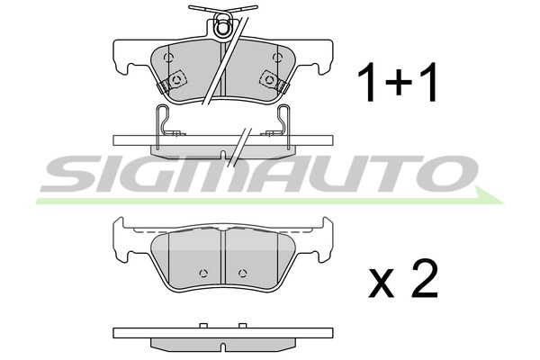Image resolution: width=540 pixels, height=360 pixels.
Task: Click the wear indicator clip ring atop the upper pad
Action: click(x=222, y=28)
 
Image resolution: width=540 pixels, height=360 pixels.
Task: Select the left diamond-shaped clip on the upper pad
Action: click(x=177, y=79)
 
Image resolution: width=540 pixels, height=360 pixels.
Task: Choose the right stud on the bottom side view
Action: click(x=240, y=325)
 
